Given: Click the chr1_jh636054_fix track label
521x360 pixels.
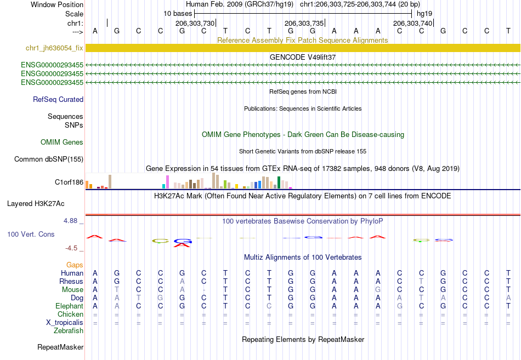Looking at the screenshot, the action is pos(54,48).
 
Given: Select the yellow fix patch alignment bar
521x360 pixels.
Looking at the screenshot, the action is pos(303,48).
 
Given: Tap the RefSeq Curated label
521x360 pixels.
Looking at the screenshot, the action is pos(58,99).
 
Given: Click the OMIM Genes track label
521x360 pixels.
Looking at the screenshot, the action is pos(62,142).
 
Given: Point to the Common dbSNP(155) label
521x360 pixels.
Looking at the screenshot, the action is pos(49,159).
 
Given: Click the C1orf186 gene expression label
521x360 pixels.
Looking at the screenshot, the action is pos(69,182).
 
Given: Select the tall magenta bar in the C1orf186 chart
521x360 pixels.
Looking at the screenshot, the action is pos(167,182).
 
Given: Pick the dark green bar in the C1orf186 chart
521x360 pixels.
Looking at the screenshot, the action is pos(279,182).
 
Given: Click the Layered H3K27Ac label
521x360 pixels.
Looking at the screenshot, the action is pos(36,204).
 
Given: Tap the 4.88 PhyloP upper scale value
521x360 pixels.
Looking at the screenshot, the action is pos(70,220).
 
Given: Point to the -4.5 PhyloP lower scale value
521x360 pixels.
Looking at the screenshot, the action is pos(71,248).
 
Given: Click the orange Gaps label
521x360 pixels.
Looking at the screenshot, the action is pos(75,265).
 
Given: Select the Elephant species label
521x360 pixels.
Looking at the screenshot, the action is pos(70,306).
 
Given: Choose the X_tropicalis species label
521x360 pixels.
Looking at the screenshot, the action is pos(65,323).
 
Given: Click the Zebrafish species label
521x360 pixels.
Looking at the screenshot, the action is pos(69,331).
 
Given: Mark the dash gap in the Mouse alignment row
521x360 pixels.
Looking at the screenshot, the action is pos(203,290).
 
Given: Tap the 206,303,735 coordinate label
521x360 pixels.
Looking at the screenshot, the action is pos(304,23).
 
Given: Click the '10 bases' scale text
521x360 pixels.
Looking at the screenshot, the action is pos(178,14).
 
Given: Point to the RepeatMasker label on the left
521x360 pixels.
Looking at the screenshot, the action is pos(60,347).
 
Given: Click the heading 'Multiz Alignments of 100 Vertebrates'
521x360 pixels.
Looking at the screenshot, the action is pos(303,257).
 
